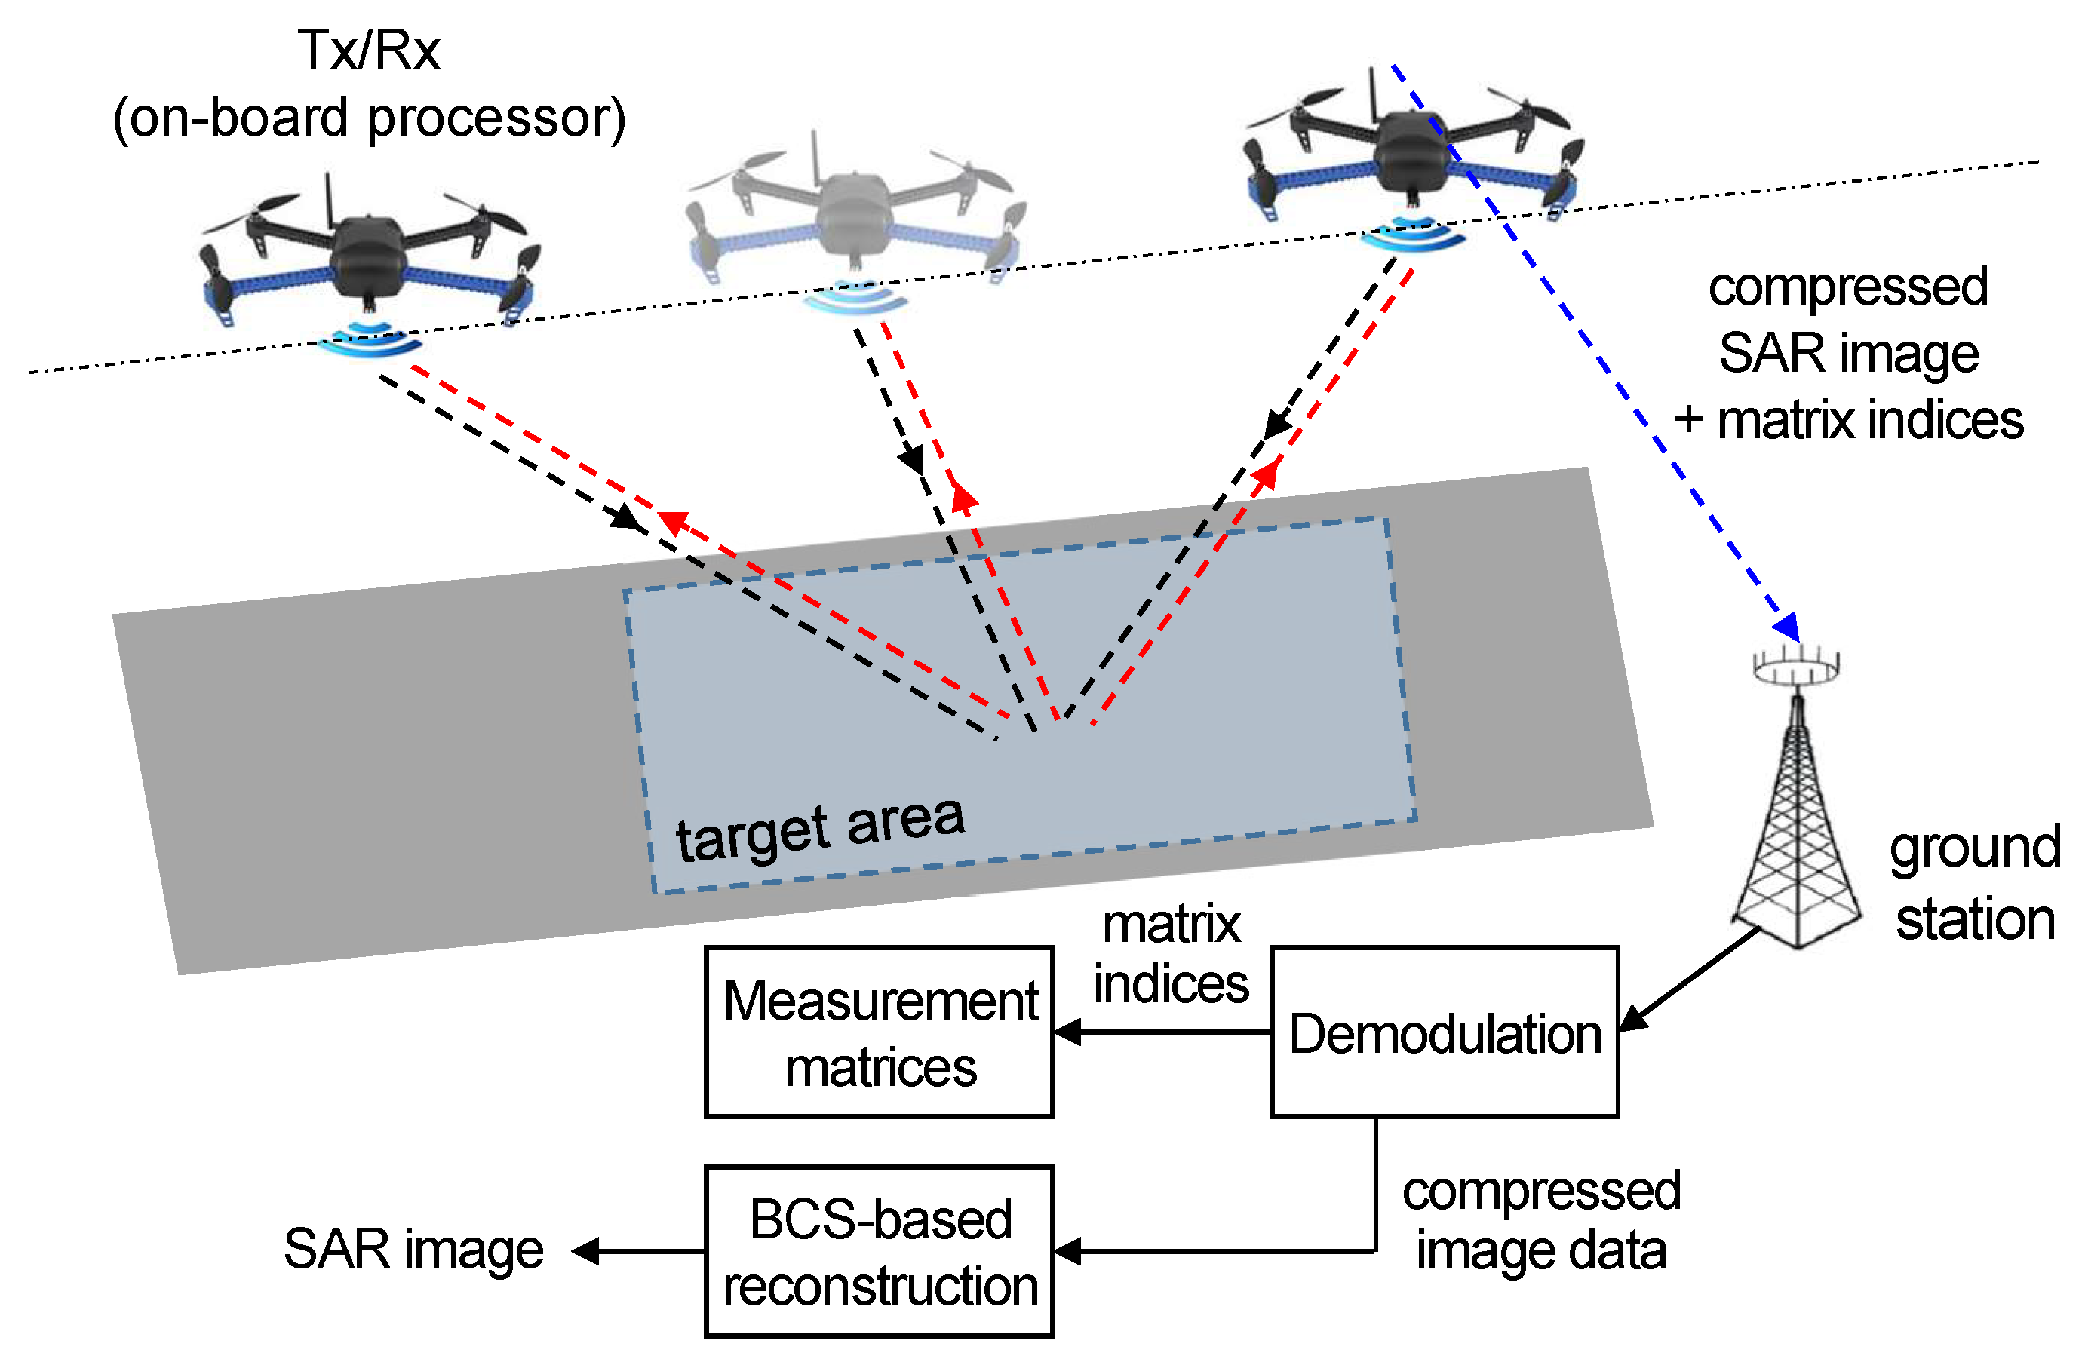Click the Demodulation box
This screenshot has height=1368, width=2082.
(1445, 1032)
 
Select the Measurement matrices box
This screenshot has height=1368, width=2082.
(879, 1032)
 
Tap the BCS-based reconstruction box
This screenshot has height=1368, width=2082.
(879, 1252)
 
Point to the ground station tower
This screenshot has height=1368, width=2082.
(1797, 839)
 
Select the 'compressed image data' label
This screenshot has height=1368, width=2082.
(1541, 1220)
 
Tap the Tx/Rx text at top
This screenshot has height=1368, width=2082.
(368, 50)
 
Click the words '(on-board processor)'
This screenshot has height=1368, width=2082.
(368, 118)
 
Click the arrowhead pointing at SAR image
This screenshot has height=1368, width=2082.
(585, 1251)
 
